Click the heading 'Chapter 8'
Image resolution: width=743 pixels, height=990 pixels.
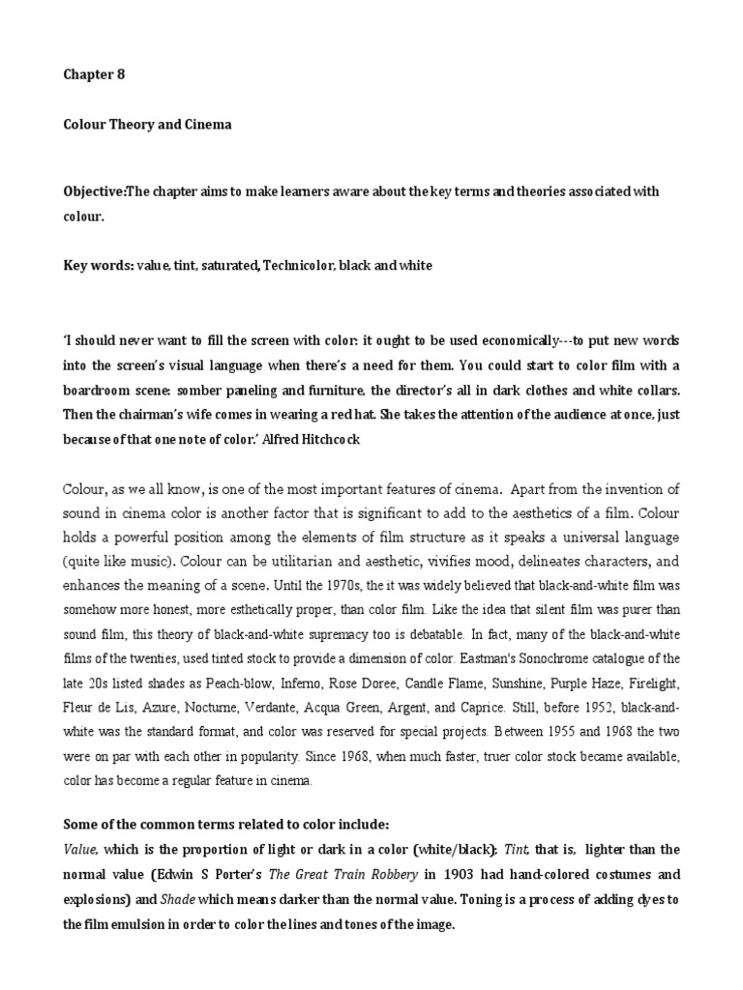94,73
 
